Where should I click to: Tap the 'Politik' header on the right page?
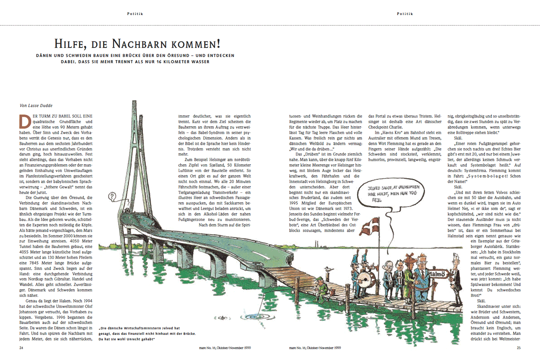(x=405, y=13)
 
